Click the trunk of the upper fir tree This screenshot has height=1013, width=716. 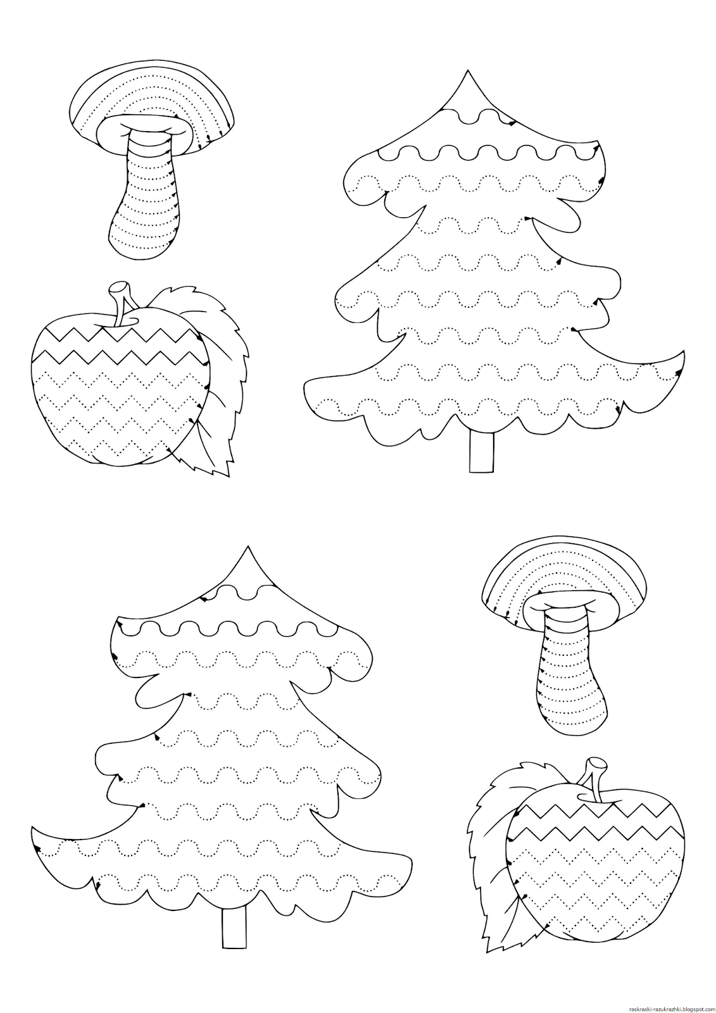[x=481, y=452]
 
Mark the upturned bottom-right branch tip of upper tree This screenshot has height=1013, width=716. [x=681, y=352]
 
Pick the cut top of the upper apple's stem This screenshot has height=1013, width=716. [x=118, y=286]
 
